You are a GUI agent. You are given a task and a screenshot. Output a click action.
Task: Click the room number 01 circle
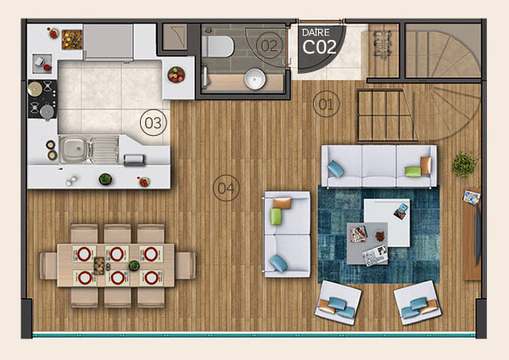click(327, 104)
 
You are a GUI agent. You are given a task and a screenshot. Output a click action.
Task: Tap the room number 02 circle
click(269, 46)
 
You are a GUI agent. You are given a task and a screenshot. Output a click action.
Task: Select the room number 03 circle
click(154, 123)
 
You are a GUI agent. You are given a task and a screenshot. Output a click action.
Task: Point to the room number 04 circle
click(227, 188)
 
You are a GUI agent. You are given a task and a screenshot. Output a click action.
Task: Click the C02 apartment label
click(320, 47)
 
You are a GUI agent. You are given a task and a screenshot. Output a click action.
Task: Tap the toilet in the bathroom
click(217, 47)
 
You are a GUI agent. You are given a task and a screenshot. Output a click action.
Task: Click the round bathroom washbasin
click(255, 79)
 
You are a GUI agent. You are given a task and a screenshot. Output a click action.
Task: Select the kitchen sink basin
click(73, 149)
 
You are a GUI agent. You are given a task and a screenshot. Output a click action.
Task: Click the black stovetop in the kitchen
click(42, 99)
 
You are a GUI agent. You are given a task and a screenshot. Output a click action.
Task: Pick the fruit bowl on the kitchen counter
click(176, 75)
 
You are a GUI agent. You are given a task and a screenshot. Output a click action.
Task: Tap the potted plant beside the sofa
click(465, 165)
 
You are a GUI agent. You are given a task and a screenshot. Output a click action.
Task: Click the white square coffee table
click(387, 222)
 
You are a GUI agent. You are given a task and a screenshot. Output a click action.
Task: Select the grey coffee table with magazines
click(367, 244)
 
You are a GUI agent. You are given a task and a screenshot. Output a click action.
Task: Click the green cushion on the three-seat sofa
click(413, 172)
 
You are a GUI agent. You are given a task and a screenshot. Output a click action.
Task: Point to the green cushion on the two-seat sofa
click(276, 217)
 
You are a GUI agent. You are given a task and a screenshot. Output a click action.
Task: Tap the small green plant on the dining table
click(134, 266)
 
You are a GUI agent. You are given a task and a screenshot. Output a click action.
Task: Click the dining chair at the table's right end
click(185, 266)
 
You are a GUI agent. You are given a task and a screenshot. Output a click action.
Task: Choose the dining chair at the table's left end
click(48, 266)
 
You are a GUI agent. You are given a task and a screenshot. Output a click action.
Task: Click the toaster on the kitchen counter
click(134, 160)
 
